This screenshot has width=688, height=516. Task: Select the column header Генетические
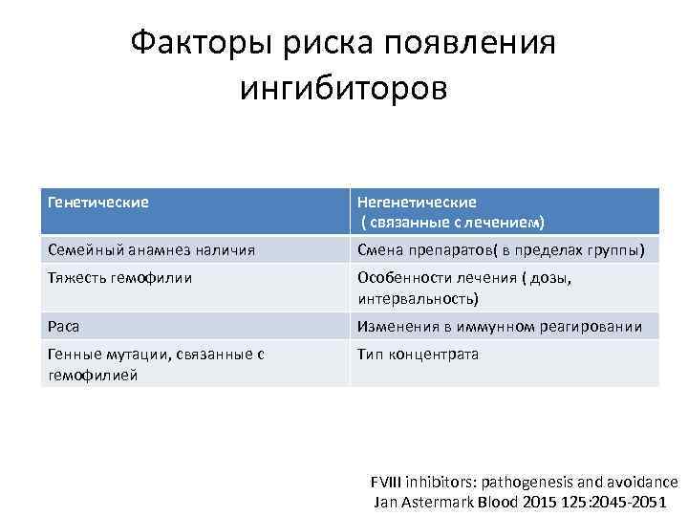(x=97, y=203)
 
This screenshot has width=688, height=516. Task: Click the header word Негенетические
(x=417, y=203)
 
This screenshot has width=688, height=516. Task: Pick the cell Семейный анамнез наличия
(x=151, y=250)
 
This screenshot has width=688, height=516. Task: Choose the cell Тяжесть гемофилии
(x=119, y=277)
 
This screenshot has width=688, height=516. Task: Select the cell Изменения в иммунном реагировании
(x=499, y=326)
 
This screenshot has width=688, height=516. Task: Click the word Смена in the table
(x=379, y=250)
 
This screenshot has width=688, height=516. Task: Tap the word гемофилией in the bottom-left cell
(x=92, y=375)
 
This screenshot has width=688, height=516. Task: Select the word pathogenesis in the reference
(x=517, y=482)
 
